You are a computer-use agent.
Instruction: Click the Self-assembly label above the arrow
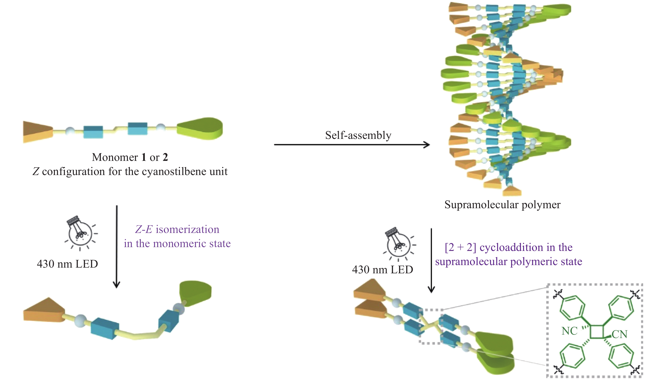pos(358,135)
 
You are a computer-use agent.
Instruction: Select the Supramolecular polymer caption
pos(502,205)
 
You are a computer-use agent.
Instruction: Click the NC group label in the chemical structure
pos(569,331)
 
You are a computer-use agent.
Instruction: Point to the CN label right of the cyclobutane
pos(619,334)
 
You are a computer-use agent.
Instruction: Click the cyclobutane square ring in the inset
pos(597,332)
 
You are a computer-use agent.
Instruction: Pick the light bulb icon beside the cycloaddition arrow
pos(398,243)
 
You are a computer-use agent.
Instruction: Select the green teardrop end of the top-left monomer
pos(200,128)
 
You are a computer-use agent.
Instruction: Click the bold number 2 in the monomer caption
pos(165,157)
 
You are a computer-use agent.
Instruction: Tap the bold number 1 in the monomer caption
pos(144,157)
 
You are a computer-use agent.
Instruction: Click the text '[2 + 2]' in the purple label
pos(460,247)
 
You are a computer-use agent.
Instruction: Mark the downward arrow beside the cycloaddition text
pos(431,260)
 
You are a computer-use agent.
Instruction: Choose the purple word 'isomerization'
pos(187,230)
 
